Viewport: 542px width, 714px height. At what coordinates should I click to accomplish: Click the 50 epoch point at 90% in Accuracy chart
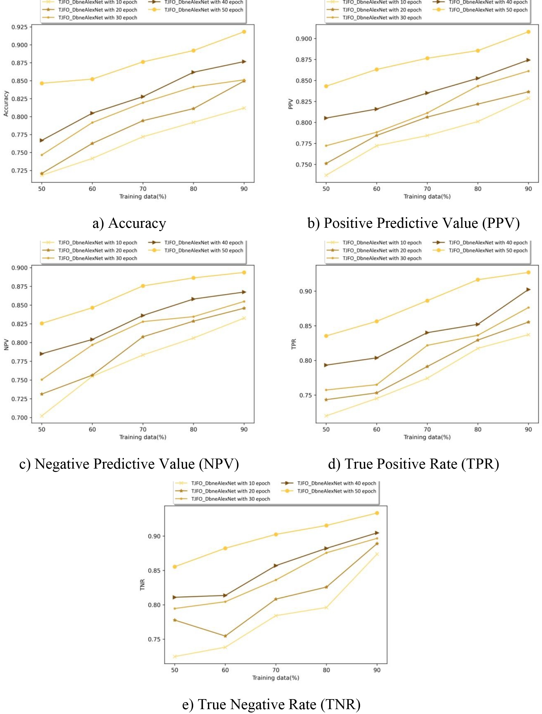tap(244, 32)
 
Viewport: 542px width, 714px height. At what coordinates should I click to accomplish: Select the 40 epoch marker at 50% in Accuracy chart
tap(42, 140)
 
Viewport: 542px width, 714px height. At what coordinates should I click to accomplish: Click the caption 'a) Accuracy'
tap(129, 223)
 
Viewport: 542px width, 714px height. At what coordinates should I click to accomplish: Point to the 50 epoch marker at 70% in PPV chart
tap(427, 58)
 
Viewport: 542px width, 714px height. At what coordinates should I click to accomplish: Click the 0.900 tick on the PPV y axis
tap(304, 39)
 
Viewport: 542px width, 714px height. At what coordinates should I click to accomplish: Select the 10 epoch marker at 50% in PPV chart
tap(326, 175)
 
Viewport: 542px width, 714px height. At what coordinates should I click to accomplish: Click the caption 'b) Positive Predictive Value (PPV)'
tap(413, 223)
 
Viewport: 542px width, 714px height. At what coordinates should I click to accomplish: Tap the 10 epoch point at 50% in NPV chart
tap(42, 416)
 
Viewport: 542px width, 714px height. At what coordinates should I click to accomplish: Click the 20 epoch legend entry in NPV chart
tap(90, 251)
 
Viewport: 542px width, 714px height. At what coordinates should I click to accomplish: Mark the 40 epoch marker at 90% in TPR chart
tap(528, 289)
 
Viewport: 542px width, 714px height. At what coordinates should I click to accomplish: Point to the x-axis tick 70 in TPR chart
tap(427, 429)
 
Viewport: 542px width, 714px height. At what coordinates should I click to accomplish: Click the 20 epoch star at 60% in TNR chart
tap(225, 636)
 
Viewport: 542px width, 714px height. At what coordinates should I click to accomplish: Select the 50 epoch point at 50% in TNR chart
tap(175, 567)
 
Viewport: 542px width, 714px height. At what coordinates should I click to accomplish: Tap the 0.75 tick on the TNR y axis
tap(154, 639)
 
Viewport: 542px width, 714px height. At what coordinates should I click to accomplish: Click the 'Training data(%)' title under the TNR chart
tap(275, 678)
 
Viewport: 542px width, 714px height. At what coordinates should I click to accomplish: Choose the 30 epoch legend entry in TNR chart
tap(223, 499)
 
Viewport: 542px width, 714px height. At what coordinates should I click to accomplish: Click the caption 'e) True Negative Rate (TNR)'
tap(271, 704)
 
